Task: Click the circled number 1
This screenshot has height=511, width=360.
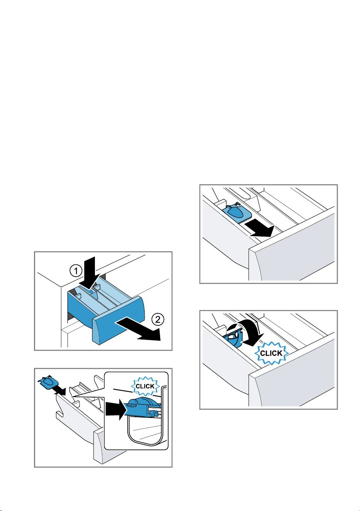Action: pos(76,271)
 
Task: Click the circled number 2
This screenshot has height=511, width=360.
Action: pos(158,319)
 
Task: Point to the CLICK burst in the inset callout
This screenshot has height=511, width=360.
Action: pos(145,386)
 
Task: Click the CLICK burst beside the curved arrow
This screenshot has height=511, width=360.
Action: pos(271,353)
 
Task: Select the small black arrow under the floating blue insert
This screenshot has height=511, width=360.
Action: pos(60,391)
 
